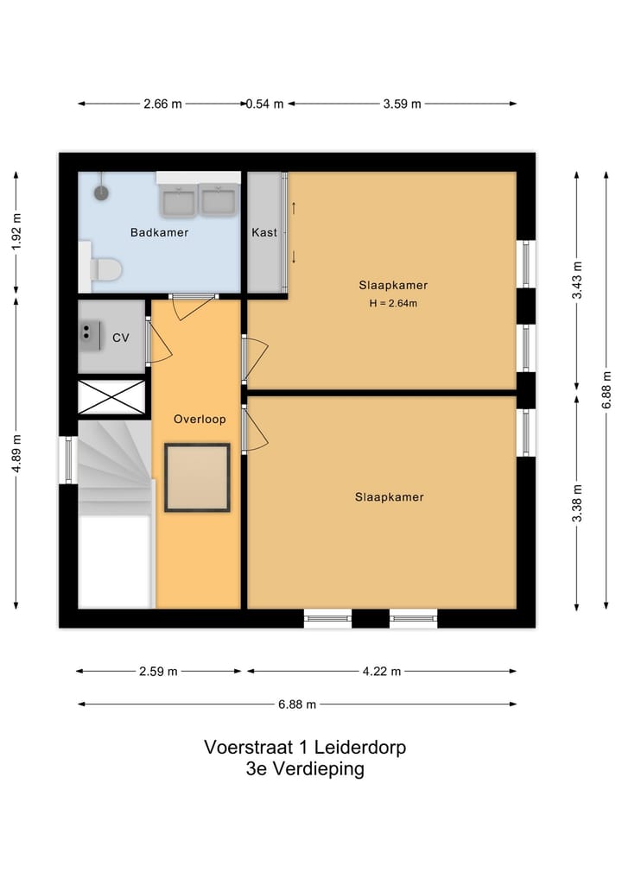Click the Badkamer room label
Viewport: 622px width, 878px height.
click(x=159, y=232)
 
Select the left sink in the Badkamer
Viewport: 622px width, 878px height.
click(x=179, y=201)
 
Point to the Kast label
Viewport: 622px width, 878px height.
click(x=264, y=232)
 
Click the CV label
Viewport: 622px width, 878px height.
click(x=121, y=338)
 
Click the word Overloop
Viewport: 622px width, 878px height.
click(x=200, y=420)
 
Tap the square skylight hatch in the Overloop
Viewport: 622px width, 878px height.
click(x=198, y=477)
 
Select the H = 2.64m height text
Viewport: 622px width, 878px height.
click(x=393, y=303)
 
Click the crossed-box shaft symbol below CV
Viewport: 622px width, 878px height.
click(x=111, y=397)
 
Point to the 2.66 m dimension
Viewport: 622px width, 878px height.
click(x=162, y=104)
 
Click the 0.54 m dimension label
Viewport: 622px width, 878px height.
click(x=265, y=104)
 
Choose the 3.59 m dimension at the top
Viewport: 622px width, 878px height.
click(x=402, y=104)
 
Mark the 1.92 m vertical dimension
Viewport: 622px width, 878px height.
click(x=16, y=231)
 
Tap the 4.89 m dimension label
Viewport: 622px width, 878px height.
click(x=16, y=452)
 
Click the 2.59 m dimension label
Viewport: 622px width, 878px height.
click(x=159, y=671)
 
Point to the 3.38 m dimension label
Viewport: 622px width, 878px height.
click(x=578, y=499)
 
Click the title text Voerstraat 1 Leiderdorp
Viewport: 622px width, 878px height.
click(x=305, y=747)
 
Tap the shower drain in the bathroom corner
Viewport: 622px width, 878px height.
click(x=102, y=193)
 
